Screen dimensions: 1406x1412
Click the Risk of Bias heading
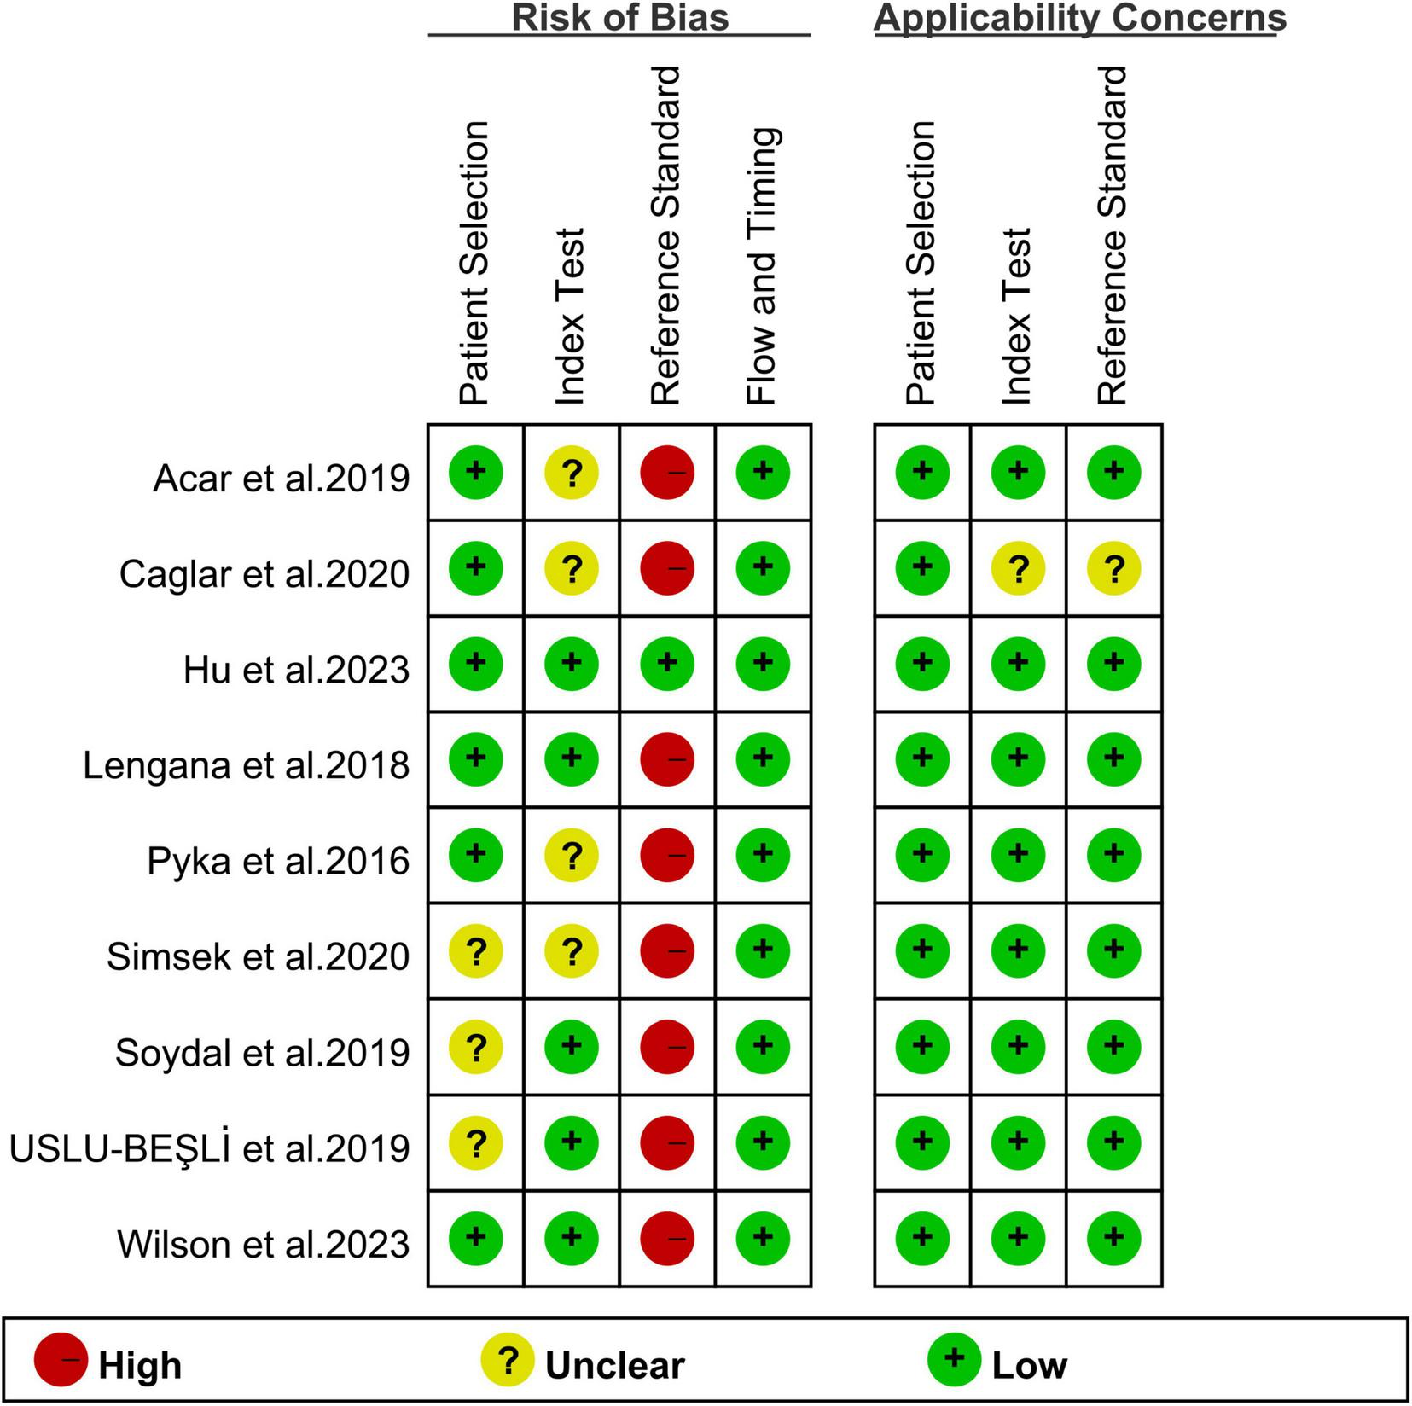click(x=619, y=18)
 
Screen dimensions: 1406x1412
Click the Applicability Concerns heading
click(x=1079, y=18)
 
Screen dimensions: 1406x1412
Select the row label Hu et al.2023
click(x=296, y=670)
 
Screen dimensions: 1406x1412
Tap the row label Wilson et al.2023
click(x=264, y=1244)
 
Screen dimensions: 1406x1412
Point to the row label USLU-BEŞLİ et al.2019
click(x=210, y=1148)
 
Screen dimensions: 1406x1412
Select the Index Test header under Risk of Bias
click(x=571, y=316)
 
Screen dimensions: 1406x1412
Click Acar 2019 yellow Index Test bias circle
click(x=572, y=472)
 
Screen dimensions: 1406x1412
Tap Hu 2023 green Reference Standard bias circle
click(x=667, y=663)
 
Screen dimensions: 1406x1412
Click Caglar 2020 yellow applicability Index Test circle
click(x=1018, y=567)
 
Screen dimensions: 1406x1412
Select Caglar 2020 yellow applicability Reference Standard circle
click(x=1113, y=567)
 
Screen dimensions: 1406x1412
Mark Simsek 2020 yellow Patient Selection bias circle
click(x=476, y=950)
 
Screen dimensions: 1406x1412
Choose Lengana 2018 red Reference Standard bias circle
click(x=667, y=758)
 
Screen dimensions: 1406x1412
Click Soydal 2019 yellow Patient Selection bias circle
click(x=476, y=1046)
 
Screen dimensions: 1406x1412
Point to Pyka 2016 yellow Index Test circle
click(x=572, y=855)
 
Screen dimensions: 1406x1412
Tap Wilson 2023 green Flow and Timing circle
click(x=763, y=1237)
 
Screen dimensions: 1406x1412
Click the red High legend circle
click(x=61, y=1360)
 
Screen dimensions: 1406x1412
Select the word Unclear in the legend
click(x=614, y=1366)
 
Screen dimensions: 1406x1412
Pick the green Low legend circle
click(x=954, y=1360)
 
